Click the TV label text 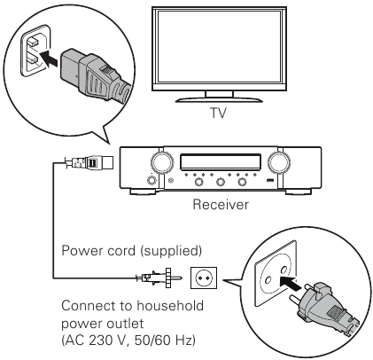[x=218, y=113]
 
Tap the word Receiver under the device [x=221, y=205]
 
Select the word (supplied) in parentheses [x=171, y=251]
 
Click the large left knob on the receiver [x=162, y=162]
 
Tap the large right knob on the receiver [x=278, y=162]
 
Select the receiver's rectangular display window [x=221, y=161]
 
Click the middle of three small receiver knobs [x=221, y=182]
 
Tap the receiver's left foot [x=143, y=192]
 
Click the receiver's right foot [x=298, y=192]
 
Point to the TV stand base [x=219, y=99]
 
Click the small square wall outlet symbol [x=204, y=278]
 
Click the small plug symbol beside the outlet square [x=159, y=278]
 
